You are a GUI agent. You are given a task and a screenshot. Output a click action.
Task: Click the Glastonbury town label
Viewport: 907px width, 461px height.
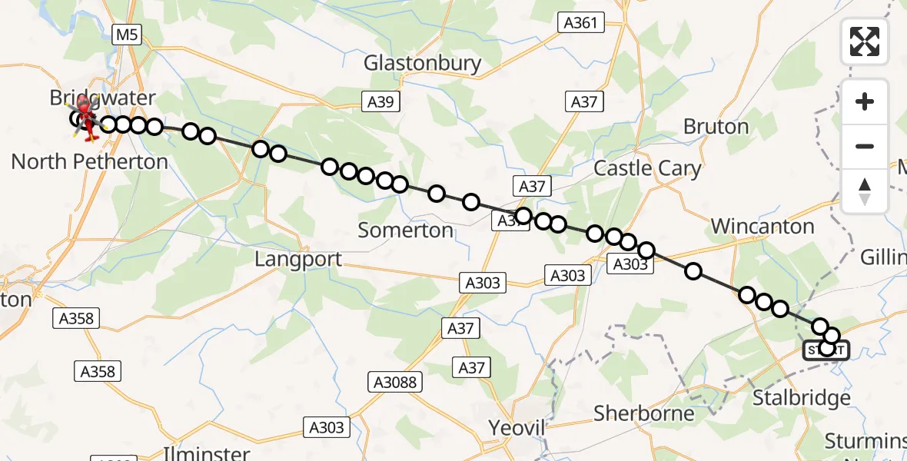(x=423, y=63)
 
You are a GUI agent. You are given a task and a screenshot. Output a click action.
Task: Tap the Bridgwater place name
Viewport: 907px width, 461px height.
(x=102, y=98)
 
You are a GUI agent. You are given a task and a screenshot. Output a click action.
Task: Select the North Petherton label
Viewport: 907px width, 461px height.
(x=90, y=161)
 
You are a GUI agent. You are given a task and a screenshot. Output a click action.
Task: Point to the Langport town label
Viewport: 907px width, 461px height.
(x=298, y=259)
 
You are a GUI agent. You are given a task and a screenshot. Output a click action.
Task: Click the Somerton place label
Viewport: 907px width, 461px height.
(x=406, y=230)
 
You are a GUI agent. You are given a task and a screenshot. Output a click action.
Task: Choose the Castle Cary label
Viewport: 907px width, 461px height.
(x=648, y=168)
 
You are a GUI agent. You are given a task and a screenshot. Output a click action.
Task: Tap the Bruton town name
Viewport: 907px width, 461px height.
(x=716, y=126)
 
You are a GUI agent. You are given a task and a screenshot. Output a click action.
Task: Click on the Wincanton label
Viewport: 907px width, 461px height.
(x=762, y=226)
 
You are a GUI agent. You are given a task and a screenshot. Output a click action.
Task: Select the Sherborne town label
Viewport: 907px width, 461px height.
(x=644, y=413)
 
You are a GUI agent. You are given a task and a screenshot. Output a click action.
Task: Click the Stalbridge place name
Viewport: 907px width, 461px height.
(x=801, y=398)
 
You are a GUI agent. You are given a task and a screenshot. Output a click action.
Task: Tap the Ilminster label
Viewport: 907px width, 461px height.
(x=207, y=453)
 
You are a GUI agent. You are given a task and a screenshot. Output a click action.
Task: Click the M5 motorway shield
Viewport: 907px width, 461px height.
(x=125, y=34)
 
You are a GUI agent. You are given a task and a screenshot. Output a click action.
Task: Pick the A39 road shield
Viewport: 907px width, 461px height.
(x=381, y=101)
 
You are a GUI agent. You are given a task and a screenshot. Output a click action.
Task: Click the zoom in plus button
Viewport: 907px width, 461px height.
(x=865, y=101)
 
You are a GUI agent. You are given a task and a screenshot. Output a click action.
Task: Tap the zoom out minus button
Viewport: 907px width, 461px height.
(x=865, y=146)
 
